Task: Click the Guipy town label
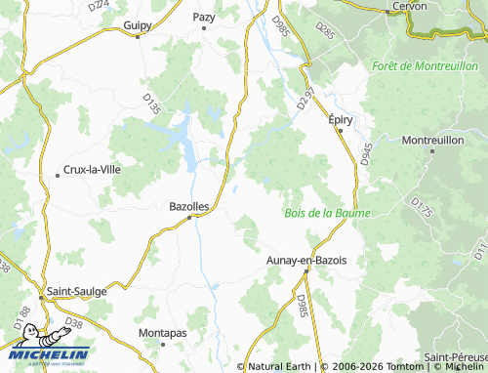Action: [139, 25]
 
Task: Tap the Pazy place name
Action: [204, 18]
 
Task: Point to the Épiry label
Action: [340, 119]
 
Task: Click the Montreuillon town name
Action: [431, 141]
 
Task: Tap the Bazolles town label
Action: [189, 206]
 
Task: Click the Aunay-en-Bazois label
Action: [313, 260]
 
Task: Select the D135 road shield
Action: [151, 104]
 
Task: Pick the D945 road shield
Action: [366, 153]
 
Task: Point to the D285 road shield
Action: [325, 34]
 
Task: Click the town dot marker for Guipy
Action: [138, 36]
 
